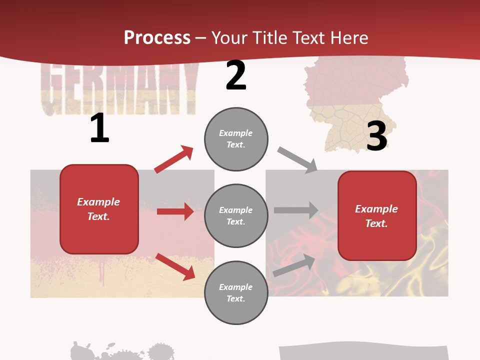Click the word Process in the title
point(157,37)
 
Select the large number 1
point(99,129)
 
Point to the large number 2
point(236,76)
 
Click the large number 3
point(376,136)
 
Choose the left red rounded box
point(99,209)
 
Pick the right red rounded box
point(377,215)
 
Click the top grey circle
point(236,139)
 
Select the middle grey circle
point(236,215)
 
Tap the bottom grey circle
point(236,292)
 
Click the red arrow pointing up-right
point(174,159)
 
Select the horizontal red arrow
point(175,211)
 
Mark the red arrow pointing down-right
point(175,266)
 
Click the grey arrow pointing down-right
point(297,160)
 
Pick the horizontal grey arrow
point(295,210)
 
